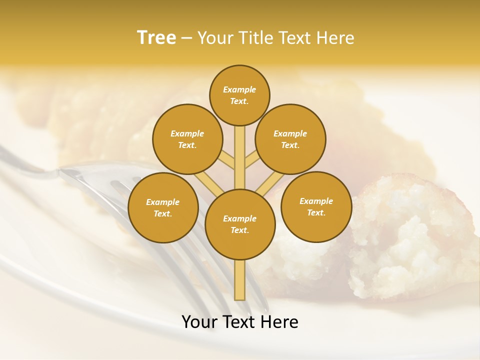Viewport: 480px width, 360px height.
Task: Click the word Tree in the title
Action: tap(156, 38)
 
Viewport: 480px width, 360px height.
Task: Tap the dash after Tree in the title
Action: tap(187, 38)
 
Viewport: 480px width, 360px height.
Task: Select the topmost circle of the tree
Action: tap(239, 95)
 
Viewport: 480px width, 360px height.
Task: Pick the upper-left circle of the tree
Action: tap(187, 139)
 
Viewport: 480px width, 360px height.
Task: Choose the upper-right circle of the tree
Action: tap(290, 139)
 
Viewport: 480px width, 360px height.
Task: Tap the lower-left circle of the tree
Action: tap(163, 207)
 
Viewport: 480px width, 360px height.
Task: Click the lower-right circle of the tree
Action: tap(316, 206)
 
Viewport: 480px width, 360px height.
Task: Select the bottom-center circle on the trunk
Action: tap(240, 224)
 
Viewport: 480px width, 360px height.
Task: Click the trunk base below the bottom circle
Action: tap(240, 280)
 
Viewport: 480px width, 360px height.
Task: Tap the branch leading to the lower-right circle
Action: tap(270, 182)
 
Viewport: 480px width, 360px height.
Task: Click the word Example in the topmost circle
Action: tap(239, 89)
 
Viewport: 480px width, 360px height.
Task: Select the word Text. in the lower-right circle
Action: tap(316, 212)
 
